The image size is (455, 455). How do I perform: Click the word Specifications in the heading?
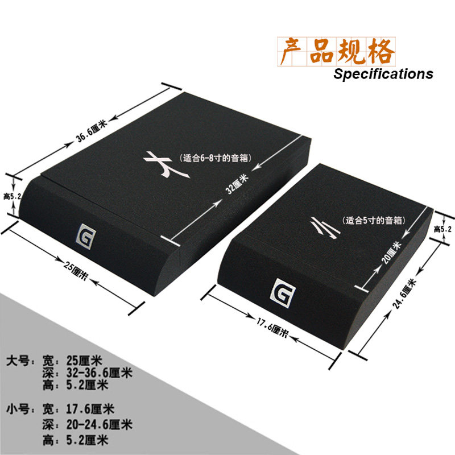pos(383,74)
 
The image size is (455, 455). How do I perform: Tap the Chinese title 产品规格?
pos(336,52)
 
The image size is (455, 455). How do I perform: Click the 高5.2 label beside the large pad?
pos(12,197)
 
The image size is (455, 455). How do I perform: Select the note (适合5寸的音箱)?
pos(374,220)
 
